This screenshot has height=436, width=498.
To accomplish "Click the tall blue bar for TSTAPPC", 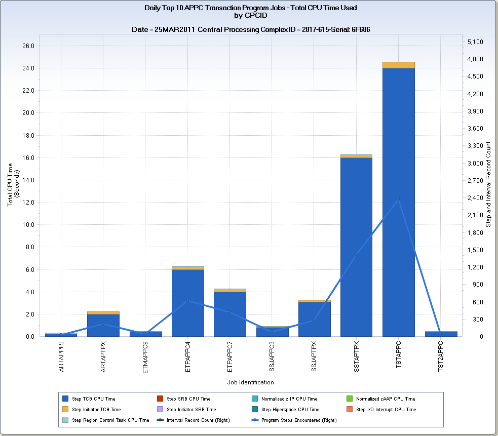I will coord(398,203).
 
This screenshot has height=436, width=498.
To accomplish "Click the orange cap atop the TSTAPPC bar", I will coord(398,65).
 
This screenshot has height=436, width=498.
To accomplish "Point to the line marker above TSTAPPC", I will coord(398,199).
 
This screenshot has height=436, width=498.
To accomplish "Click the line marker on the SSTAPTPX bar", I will coord(356,254).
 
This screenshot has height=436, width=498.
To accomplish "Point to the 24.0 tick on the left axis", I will coord(27,68).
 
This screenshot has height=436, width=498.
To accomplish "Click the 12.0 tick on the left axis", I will coord(27,203).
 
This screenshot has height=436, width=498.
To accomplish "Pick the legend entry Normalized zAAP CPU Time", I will coord(385,399).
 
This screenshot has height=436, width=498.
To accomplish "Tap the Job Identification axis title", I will coord(251,382).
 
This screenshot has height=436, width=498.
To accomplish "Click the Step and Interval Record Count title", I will coord(488,184).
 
